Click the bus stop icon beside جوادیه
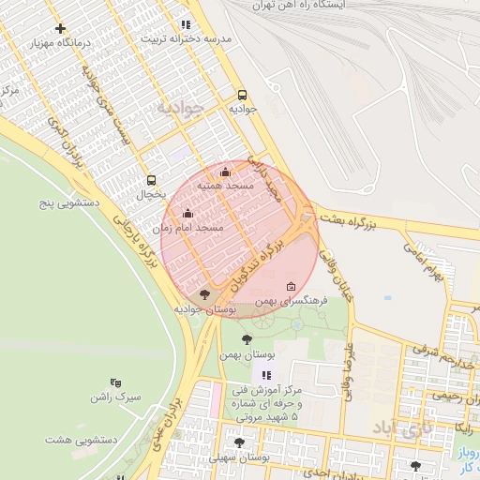pyautogui.click(x=243, y=95)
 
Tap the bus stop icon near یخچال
pyautogui.click(x=151, y=180)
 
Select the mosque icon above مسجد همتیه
pyautogui.click(x=225, y=172)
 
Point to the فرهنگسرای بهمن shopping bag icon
pyautogui.click(x=290, y=287)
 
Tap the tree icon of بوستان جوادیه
pyautogui.click(x=204, y=294)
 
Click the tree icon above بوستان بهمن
pyautogui.click(x=247, y=339)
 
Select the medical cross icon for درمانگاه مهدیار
pyautogui.click(x=61, y=29)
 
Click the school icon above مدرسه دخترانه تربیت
pyautogui.click(x=186, y=24)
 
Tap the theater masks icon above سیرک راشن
pyautogui.click(x=115, y=382)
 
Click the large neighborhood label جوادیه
pyautogui.click(x=179, y=107)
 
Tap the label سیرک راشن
pyautogui.click(x=115, y=397)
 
